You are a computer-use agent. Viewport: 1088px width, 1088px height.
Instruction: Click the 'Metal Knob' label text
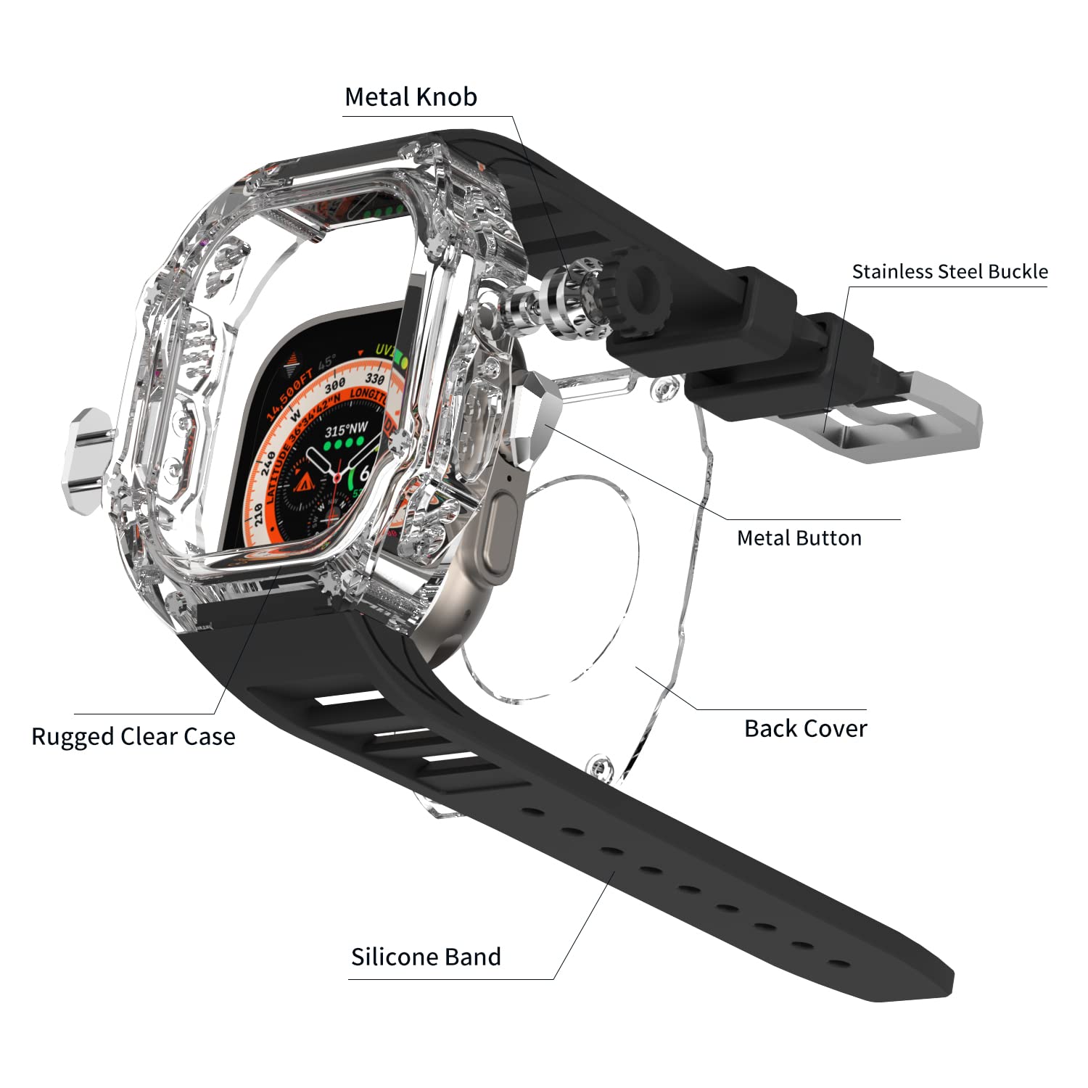(411, 96)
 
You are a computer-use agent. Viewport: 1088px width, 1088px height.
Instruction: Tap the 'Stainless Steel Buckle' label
(949, 271)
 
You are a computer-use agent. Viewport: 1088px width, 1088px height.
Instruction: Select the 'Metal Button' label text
(799, 537)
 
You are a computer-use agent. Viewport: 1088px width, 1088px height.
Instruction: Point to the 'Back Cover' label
(805, 728)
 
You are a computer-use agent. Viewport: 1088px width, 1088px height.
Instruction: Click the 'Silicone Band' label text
(426, 957)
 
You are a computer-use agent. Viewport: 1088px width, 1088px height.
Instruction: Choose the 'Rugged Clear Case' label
(133, 736)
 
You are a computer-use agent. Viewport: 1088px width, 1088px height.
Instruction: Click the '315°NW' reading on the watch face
(346, 429)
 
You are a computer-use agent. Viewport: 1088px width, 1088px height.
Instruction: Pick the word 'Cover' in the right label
(836, 728)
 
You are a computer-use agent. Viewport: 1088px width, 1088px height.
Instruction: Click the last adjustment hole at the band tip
(839, 965)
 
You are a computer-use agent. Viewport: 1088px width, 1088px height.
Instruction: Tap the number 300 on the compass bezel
(334, 386)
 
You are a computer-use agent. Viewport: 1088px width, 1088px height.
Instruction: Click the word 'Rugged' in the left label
(73, 736)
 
